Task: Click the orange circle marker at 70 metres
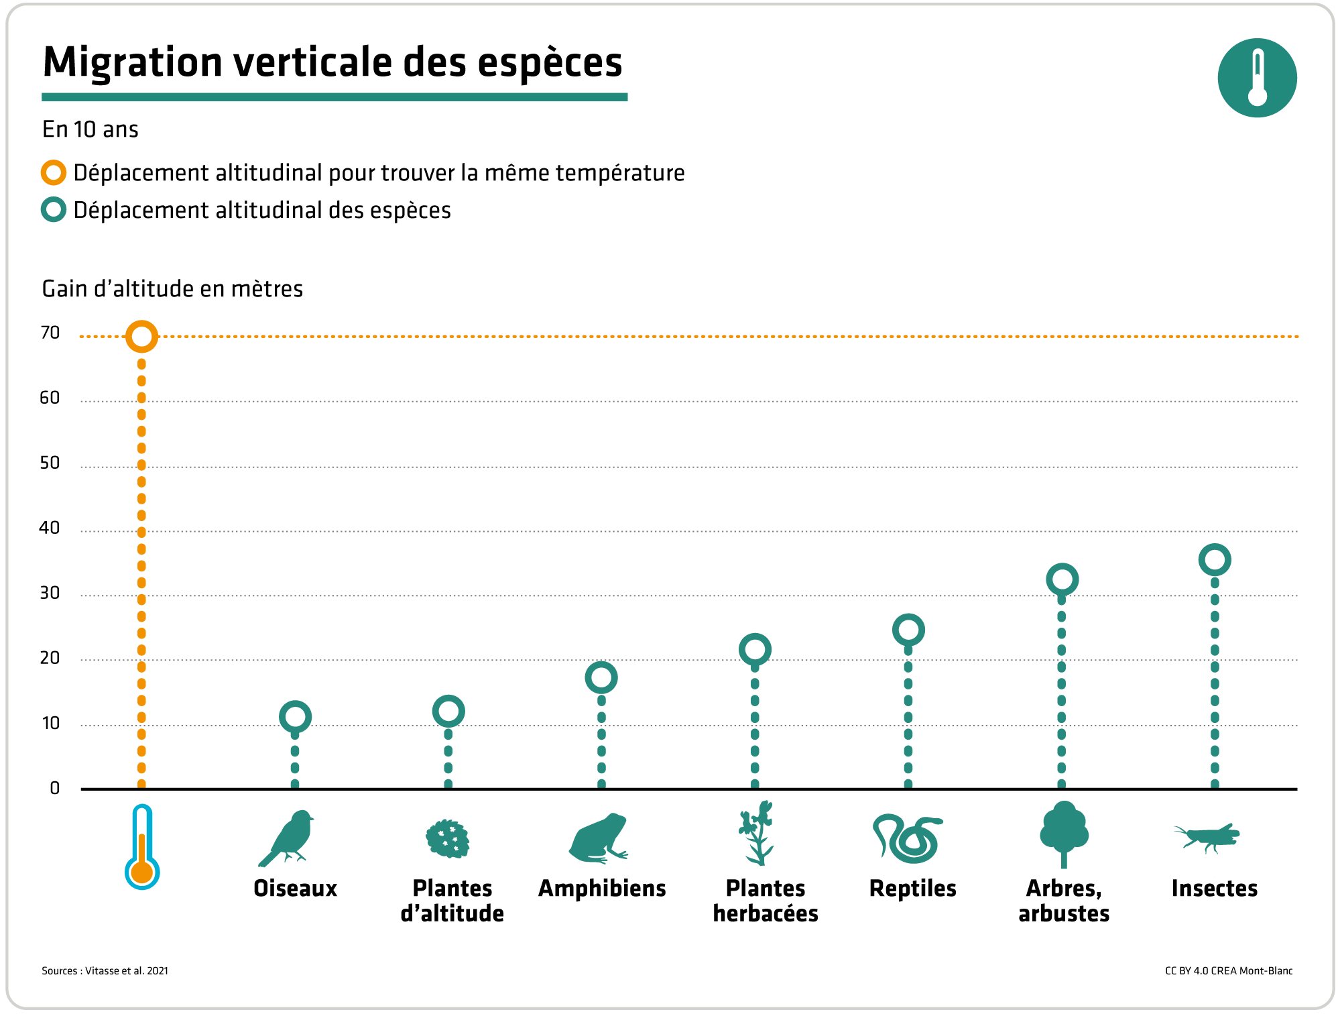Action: point(141,336)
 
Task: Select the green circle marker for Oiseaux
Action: point(295,717)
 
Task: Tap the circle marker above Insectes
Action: point(1215,560)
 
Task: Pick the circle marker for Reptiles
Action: point(908,630)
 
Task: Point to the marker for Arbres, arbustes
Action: point(1062,579)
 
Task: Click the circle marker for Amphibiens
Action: point(601,677)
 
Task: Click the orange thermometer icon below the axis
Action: point(142,848)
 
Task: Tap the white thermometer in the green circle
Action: point(1258,78)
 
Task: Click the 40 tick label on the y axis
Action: point(50,528)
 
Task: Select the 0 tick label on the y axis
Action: point(55,788)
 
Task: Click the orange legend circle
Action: point(54,173)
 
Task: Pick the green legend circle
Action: point(54,210)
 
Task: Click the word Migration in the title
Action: point(133,62)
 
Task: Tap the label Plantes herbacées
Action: point(766,901)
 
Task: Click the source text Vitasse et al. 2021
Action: point(127,970)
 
